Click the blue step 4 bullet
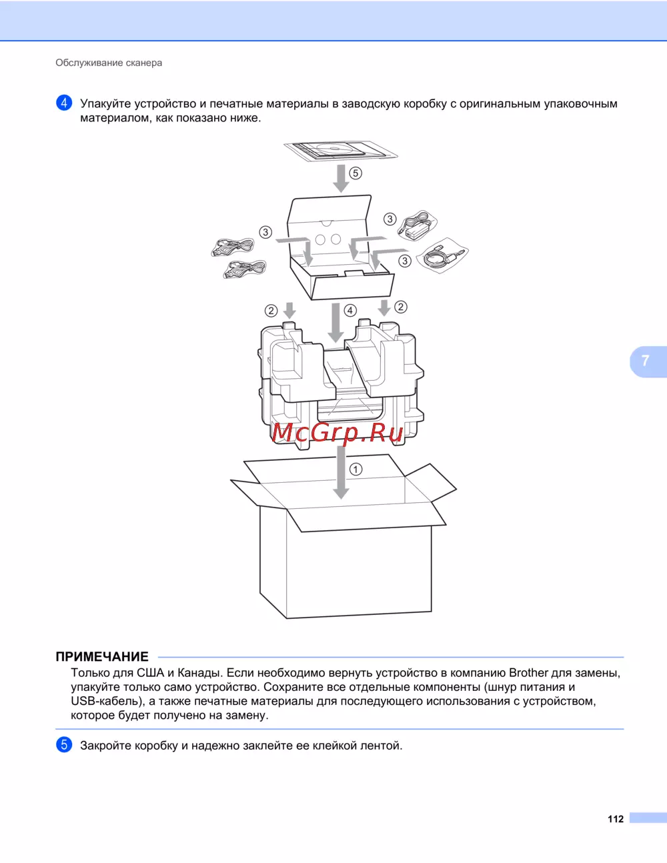tap(64, 103)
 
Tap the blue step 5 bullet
tap(64, 745)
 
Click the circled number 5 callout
tap(356, 173)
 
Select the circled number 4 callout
tap(350, 310)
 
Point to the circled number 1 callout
tap(356, 470)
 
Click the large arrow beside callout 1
tap(341, 473)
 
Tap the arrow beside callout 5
tap(341, 178)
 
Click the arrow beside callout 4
tap(336, 323)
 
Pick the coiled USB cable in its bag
tap(442, 255)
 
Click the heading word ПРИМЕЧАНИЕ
tap(102, 656)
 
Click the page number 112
tap(616, 819)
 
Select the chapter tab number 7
tap(645, 361)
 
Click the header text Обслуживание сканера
tap(109, 63)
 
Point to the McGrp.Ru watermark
tap(338, 433)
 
